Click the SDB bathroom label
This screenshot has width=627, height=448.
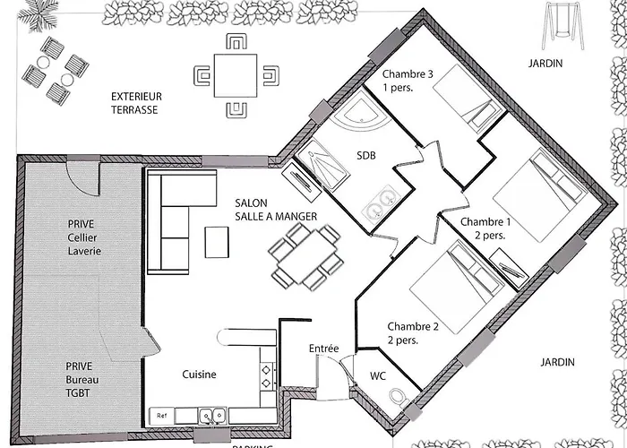365,155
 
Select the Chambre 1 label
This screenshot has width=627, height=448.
485,228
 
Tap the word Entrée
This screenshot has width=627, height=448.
323,348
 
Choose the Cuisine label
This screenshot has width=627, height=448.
198,375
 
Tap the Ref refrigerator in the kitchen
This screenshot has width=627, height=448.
162,416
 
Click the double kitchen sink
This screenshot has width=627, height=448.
212,416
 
